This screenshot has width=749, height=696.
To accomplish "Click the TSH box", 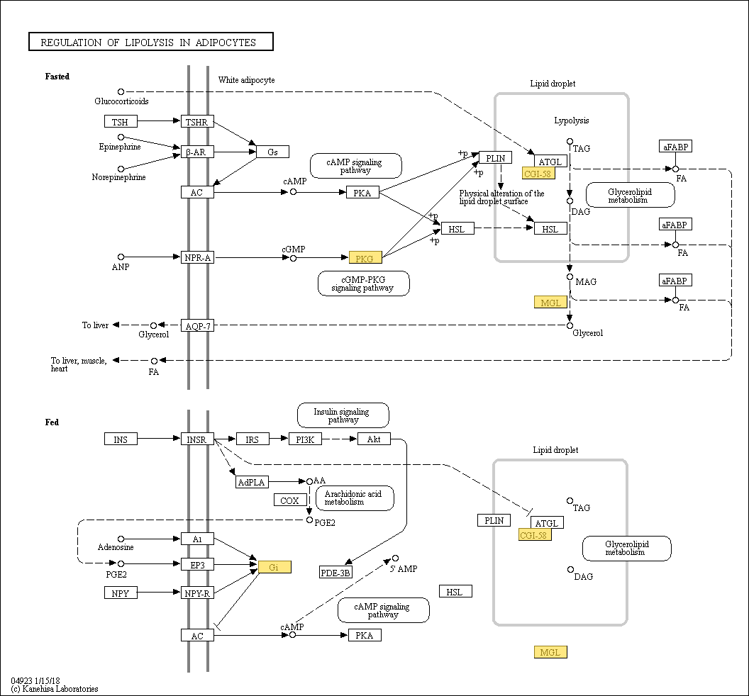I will pos(121,122).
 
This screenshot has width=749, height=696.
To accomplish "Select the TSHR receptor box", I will pos(197,122).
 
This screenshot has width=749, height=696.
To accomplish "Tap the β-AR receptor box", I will pos(197,152).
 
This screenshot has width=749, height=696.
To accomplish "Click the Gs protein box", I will pos(272,152).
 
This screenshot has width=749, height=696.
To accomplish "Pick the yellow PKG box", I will pos(365,257).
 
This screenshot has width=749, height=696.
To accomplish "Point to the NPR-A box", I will pos(197,257).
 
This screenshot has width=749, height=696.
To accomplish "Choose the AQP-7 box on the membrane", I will pos(197,325).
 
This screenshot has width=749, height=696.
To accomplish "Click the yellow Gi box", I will pos(274,566).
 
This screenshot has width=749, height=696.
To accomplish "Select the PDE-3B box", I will pos(335,572).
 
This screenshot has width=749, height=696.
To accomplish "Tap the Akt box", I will pos(374,439).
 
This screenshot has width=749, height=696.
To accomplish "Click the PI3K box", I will pos(305,439).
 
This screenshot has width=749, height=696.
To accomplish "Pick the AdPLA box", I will pos(252,482).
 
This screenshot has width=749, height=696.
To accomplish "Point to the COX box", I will pos(289,500).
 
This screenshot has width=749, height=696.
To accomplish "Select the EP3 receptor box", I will pos(197,564).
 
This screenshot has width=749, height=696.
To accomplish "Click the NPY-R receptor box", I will pos(197,593).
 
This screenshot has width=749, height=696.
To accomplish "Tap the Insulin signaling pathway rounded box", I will pos(343,415).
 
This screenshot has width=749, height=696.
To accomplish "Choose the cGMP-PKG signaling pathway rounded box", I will pos(364,284).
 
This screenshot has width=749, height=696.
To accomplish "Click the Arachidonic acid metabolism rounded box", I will pos(354,498).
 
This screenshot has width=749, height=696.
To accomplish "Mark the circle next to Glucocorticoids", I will pos(121,91).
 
